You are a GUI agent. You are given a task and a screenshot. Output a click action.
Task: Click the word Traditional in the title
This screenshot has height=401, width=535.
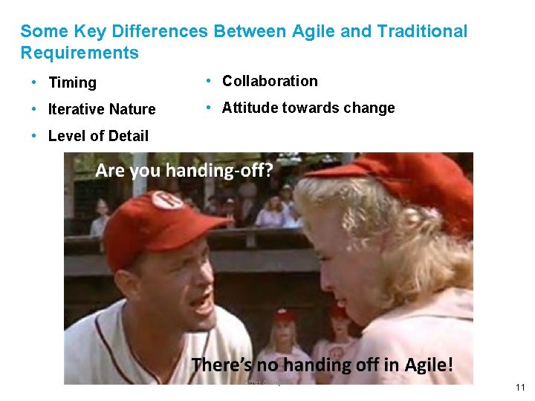coord(422,32)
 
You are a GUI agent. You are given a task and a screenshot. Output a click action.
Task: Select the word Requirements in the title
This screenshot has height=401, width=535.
coord(80,53)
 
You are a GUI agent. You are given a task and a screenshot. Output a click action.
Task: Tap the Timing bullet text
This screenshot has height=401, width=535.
coord(72,82)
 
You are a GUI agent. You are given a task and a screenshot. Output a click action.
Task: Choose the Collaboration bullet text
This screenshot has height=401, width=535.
coord(270,81)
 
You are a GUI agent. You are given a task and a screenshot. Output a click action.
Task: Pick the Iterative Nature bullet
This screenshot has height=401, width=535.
coord(102,109)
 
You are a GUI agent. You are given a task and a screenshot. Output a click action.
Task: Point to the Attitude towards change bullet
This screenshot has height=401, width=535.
coord(308,108)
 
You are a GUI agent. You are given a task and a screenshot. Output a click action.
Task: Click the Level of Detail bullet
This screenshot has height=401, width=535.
coord(98,136)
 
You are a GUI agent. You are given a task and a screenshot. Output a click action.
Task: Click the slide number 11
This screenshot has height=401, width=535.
coord(519,388)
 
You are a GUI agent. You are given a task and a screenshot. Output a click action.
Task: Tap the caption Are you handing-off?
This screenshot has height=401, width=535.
coord(184,171)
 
